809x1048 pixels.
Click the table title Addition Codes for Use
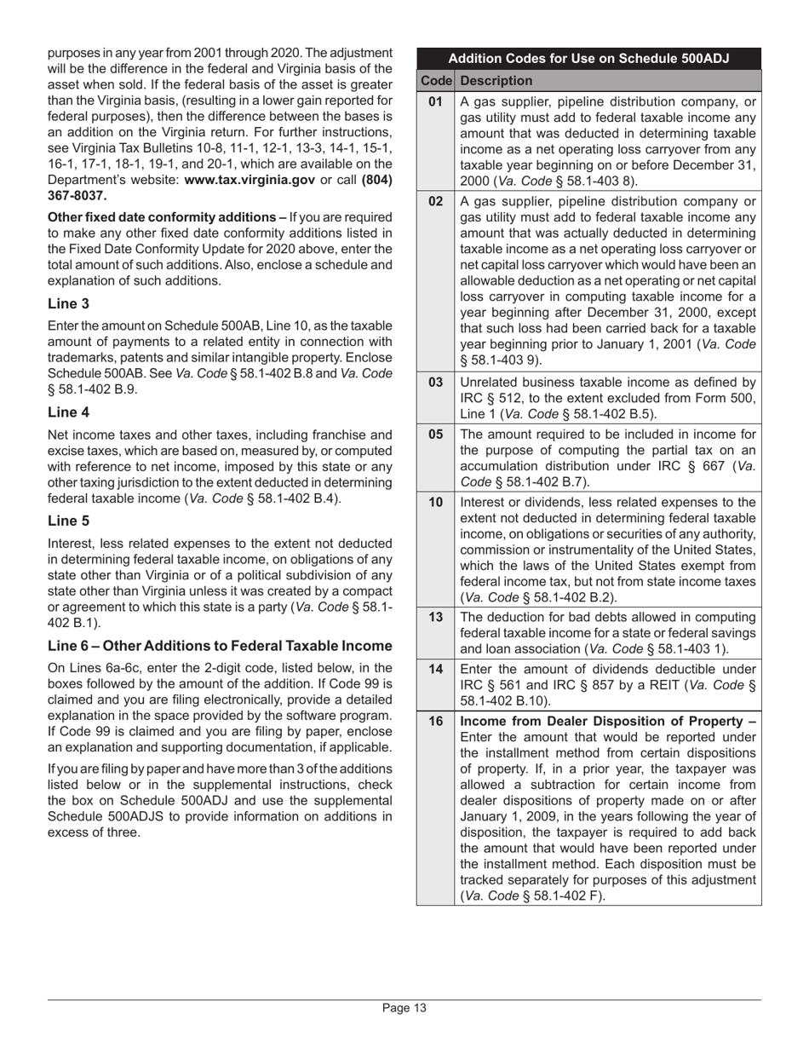[x=588, y=59]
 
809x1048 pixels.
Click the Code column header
[x=436, y=81]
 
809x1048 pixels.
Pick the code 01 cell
[x=436, y=102]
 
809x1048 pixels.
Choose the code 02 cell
[x=436, y=202]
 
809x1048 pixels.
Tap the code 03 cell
[x=436, y=383]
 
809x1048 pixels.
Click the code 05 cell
[x=436, y=434]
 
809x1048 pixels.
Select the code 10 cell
[x=436, y=502]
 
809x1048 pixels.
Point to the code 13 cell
[x=436, y=617]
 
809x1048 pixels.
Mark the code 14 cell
[x=436, y=669]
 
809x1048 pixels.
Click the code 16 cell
[x=436, y=721]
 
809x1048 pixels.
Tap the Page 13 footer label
[x=404, y=1008]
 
